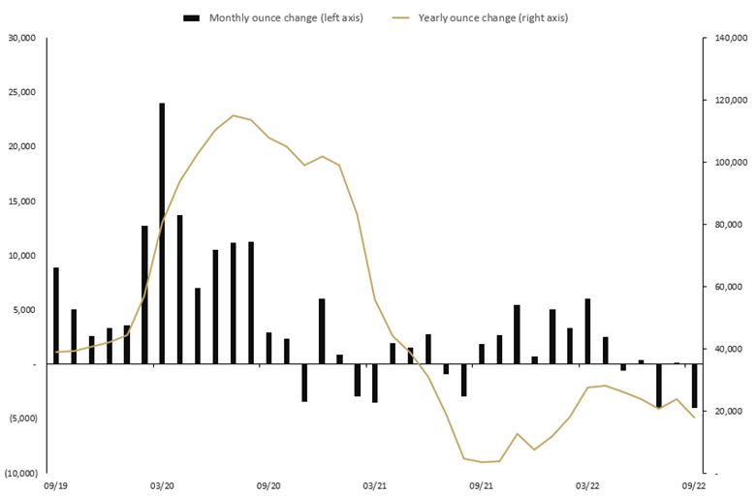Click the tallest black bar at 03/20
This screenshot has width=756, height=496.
(162, 232)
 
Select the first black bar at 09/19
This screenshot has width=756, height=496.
(56, 315)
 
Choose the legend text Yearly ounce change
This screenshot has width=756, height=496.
(493, 17)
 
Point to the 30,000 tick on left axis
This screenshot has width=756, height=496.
(20, 38)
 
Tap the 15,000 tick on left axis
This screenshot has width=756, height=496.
(20, 201)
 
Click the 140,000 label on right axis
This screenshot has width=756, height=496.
(729, 38)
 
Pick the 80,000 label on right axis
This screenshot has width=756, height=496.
(729, 225)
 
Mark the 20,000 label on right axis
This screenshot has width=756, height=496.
(729, 411)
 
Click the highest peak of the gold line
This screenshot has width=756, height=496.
(233, 115)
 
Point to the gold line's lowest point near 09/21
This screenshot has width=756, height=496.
(482, 462)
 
